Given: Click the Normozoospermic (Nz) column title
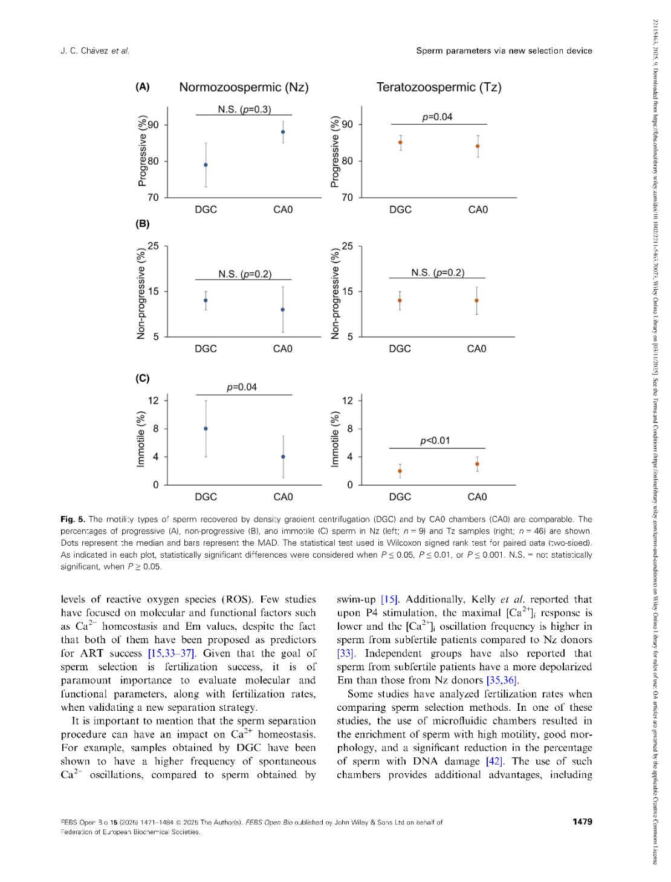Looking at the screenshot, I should (244, 87).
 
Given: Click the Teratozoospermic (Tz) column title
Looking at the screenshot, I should (439, 87).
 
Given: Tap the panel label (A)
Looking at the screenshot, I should (143, 87).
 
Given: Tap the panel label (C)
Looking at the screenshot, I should (143, 379).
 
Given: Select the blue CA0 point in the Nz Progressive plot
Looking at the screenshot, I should (283, 132).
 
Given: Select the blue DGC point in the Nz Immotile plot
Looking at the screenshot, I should (206, 428).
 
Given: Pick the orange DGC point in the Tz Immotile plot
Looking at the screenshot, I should (400, 471).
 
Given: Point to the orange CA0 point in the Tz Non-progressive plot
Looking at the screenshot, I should (477, 301).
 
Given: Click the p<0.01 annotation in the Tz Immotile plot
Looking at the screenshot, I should (435, 440).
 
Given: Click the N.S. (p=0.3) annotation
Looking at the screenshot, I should (244, 109).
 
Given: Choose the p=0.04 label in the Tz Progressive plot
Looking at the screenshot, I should (437, 117).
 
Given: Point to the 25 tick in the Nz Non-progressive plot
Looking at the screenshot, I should (154, 246).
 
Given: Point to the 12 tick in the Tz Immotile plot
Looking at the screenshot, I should (348, 400).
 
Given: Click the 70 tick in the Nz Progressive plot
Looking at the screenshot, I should (154, 197).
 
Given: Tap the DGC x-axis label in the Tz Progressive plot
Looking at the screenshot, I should (400, 210).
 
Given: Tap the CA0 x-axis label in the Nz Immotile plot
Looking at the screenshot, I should (283, 497).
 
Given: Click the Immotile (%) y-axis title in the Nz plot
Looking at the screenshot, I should (141, 439).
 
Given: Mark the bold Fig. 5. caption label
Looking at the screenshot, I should (73, 519).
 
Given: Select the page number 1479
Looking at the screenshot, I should (582, 822).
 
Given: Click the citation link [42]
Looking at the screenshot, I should (494, 761).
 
